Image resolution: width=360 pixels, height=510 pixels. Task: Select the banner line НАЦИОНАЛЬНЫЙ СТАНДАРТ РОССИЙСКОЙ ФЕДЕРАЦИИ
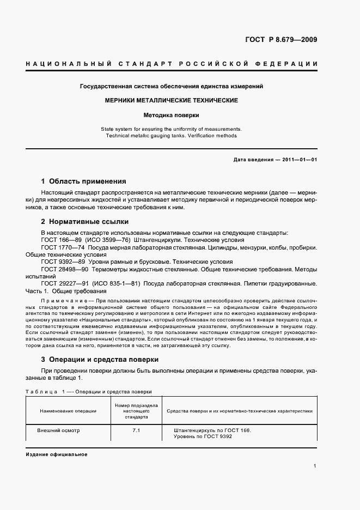172,64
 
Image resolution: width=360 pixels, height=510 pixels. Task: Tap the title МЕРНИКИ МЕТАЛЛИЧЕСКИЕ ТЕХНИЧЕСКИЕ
172,101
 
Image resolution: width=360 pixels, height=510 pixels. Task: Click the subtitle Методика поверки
172,116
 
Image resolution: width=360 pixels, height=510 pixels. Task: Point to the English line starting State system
172,129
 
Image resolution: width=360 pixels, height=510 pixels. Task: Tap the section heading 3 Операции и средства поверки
100,360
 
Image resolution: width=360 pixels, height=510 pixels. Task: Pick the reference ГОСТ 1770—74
62,247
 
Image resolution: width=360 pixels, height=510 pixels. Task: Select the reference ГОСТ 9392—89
62,262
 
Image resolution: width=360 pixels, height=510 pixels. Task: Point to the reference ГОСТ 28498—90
64,269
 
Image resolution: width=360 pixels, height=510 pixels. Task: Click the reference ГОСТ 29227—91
64,284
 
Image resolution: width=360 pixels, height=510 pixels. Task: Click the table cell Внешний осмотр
58,430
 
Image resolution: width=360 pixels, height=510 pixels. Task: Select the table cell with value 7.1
136,430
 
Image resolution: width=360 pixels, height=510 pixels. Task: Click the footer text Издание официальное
56,454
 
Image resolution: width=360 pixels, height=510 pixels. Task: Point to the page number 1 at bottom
315,466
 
